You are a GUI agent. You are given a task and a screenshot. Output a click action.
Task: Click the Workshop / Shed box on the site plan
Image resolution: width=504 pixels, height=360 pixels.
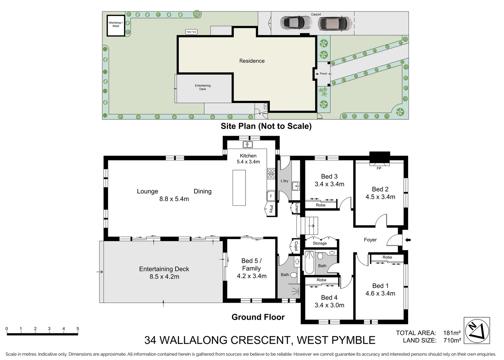point(116,25)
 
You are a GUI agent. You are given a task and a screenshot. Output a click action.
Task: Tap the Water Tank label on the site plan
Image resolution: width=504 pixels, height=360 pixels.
point(191,32)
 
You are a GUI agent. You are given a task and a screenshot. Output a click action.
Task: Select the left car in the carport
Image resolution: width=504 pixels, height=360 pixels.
point(296,23)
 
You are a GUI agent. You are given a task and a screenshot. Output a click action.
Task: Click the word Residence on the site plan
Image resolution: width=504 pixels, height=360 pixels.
point(252,61)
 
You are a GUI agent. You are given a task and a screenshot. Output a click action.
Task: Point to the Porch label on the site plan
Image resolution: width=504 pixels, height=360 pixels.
point(323,74)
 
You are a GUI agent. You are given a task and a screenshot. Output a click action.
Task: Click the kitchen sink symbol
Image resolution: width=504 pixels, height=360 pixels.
point(248,144)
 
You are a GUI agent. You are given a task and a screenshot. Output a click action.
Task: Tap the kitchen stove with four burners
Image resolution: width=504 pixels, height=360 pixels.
point(271,174)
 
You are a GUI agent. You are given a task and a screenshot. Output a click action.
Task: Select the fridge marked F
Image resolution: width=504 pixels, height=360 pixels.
point(271,196)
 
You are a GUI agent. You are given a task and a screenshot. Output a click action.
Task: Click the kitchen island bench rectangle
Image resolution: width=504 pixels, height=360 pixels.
point(239,188)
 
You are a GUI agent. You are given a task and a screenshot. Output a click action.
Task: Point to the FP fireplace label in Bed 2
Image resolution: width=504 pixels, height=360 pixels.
point(379,168)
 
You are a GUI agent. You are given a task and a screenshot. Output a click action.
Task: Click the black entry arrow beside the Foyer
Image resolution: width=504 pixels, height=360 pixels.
point(408,240)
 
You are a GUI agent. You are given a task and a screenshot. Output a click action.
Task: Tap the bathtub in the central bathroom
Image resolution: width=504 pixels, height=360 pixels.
point(309,263)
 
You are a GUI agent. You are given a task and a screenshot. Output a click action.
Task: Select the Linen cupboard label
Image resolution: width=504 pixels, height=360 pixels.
point(297,208)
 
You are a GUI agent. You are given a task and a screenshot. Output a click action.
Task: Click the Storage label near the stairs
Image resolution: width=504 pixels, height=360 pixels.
point(320,243)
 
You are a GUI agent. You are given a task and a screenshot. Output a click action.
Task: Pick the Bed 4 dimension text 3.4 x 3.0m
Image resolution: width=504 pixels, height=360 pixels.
point(329,305)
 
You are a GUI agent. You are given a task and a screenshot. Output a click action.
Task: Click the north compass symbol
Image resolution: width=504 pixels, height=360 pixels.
point(477,330)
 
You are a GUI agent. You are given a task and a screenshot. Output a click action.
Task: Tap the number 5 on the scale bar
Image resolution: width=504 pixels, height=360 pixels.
point(78,328)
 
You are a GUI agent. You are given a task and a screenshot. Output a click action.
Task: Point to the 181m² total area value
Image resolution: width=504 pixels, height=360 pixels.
point(452,333)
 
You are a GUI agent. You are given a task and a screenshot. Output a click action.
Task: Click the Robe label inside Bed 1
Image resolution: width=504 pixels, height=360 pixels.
point(387,257)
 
